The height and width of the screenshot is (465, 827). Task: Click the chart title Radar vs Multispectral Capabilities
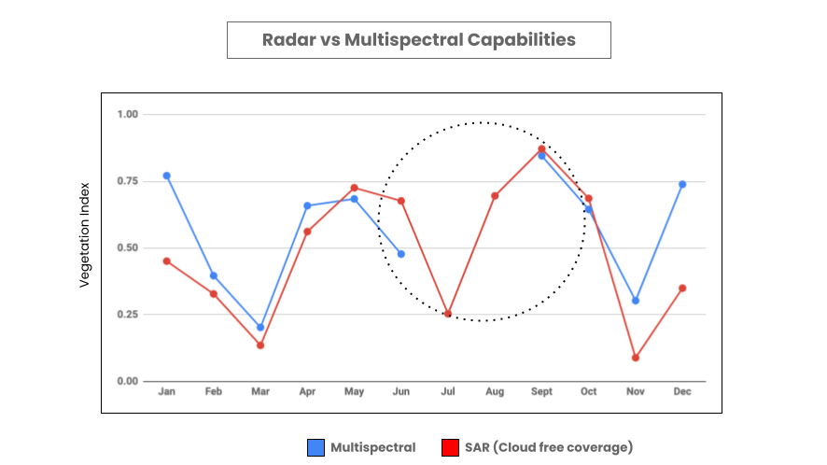(x=418, y=40)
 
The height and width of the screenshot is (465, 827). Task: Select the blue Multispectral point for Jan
(x=167, y=176)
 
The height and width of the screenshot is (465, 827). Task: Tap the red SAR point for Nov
(x=636, y=358)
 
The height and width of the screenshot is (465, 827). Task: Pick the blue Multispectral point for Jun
(x=401, y=254)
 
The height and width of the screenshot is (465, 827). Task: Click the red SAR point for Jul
(x=448, y=314)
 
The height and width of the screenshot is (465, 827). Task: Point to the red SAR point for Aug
(x=495, y=196)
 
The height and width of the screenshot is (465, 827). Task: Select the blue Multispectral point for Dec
(x=682, y=184)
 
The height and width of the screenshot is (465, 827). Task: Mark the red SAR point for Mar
(x=260, y=345)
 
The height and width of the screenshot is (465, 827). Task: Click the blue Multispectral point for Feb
(x=214, y=275)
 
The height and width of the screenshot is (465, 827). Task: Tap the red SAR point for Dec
(x=682, y=288)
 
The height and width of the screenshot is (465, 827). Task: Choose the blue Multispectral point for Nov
(x=636, y=301)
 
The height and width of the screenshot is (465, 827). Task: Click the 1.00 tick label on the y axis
(x=127, y=114)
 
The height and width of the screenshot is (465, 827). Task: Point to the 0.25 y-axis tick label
(x=127, y=315)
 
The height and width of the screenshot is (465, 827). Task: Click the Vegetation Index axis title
(x=85, y=233)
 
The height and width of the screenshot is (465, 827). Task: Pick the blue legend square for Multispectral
(x=316, y=448)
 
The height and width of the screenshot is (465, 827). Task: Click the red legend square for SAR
(x=450, y=448)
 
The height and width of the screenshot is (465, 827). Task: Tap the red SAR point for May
(x=354, y=188)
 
